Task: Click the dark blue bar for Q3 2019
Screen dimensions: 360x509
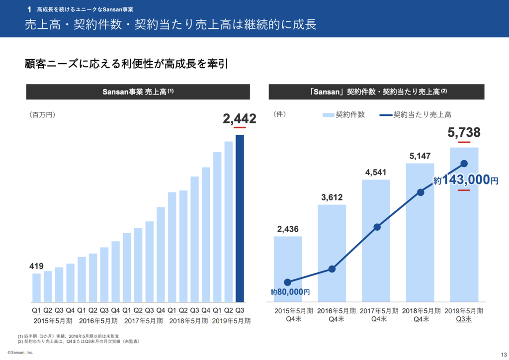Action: [x=240, y=219]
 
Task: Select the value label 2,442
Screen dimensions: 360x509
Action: [x=240, y=118]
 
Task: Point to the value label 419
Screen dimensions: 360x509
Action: [x=36, y=267]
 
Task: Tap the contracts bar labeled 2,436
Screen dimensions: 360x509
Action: [x=288, y=269]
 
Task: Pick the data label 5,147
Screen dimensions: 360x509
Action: [x=421, y=156]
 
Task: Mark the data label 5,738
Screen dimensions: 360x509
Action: [x=464, y=132]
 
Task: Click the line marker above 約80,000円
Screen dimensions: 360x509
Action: [x=288, y=282]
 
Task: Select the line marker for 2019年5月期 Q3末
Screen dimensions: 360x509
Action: [x=464, y=163]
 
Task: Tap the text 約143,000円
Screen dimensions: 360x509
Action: [x=465, y=180]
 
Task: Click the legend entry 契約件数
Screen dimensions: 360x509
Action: [x=344, y=114]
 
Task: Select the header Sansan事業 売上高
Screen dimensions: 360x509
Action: [x=138, y=92]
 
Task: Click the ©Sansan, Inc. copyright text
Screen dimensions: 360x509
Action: [x=20, y=352]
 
